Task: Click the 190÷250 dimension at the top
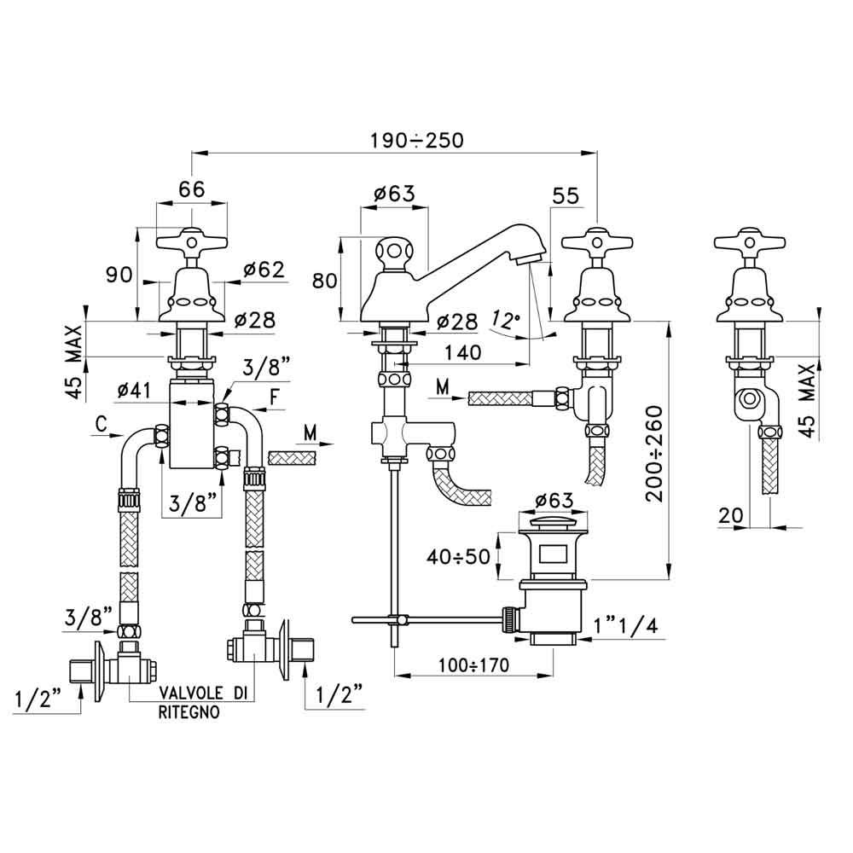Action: coord(417,141)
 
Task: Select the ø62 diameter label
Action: coord(264,270)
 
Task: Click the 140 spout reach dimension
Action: coord(463,352)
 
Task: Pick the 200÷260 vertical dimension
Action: coord(655,454)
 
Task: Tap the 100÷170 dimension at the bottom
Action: coord(474,664)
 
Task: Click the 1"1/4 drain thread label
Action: coord(625,625)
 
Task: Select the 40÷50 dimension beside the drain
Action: coord(458,556)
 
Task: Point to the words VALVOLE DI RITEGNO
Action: coord(202,702)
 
